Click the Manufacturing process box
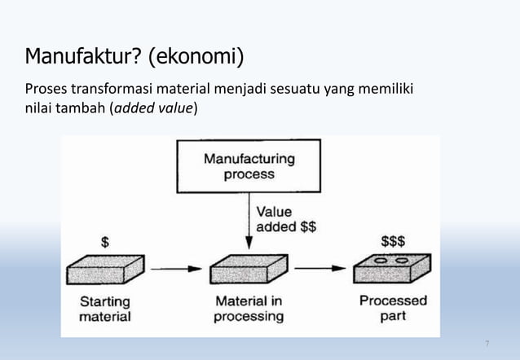click(249, 166)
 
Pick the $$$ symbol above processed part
click(394, 242)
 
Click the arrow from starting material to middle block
click(177, 267)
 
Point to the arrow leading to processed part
click(319, 267)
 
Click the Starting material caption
click(104, 308)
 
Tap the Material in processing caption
click(249, 308)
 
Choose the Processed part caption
click(393, 308)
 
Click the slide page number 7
click(487, 344)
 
